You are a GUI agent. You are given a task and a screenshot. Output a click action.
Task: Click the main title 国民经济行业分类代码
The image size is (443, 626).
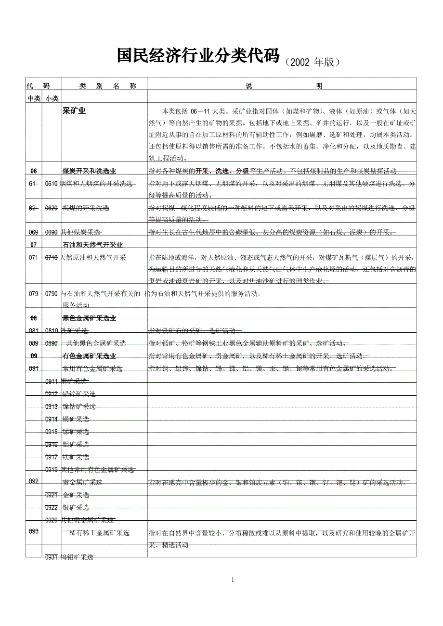click(x=198, y=57)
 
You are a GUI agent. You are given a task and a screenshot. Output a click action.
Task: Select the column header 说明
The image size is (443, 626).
click(x=282, y=86)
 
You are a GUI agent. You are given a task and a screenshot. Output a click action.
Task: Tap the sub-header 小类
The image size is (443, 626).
click(x=52, y=98)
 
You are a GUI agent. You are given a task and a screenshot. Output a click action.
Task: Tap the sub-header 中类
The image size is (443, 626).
click(x=34, y=98)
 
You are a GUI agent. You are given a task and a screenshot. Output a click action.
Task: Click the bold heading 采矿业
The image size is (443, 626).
click(x=74, y=111)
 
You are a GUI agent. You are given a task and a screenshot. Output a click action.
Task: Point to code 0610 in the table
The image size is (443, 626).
click(x=52, y=184)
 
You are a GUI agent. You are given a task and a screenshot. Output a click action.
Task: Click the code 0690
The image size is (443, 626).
click(x=52, y=233)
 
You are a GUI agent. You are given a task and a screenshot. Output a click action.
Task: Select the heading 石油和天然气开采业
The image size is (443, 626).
click(x=92, y=245)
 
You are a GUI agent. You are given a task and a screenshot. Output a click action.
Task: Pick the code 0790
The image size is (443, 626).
click(x=52, y=293)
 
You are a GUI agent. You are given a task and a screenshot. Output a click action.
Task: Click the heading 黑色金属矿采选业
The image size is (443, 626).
click(x=89, y=318)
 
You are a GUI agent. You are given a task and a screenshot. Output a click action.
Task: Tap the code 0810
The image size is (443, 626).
click(x=52, y=331)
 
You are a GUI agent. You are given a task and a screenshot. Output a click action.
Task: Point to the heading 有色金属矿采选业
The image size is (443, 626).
click(x=89, y=356)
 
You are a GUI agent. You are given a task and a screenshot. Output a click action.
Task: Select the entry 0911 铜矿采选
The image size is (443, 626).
click(x=67, y=381)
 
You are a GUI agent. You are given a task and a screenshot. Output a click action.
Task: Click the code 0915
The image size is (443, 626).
click(x=52, y=432)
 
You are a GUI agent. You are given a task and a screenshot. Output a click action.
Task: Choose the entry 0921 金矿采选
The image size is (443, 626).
click(x=67, y=495)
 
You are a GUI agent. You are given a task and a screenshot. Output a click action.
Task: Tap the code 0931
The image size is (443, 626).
click(x=52, y=557)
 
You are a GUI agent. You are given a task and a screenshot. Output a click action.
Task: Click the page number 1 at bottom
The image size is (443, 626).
click(x=233, y=579)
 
